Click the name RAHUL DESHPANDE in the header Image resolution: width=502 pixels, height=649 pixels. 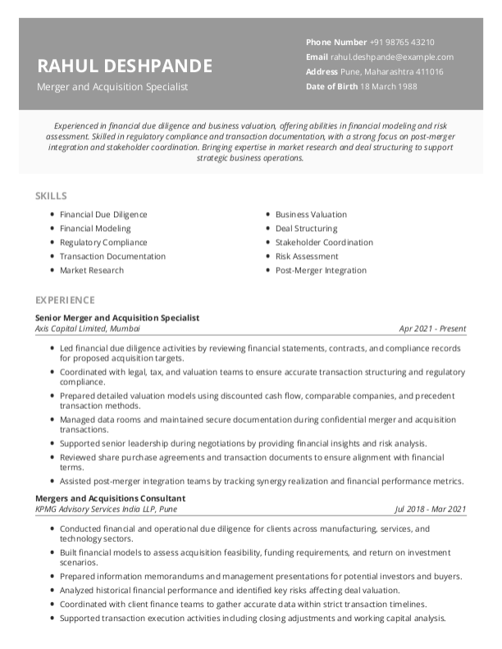coord(125,66)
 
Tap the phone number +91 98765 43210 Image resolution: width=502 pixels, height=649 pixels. coord(402,42)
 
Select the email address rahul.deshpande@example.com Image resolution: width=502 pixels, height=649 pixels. coord(391,57)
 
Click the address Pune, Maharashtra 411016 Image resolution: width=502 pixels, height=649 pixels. coord(387,71)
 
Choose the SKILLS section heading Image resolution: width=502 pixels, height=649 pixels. coord(51,197)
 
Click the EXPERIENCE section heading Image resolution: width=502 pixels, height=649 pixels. coord(65,300)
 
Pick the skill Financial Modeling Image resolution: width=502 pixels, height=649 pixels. coord(95,229)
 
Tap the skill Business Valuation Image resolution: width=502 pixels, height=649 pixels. coord(311,215)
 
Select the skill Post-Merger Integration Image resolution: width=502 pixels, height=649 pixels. coord(321,270)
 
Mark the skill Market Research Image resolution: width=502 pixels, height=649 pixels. coord(92,270)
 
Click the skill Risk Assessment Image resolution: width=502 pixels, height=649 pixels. coord(308,256)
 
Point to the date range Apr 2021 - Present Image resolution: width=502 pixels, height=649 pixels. coord(432,329)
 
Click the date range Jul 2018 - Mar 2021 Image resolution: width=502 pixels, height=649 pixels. coord(431,509)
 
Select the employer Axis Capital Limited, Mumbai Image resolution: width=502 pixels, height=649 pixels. coord(88,329)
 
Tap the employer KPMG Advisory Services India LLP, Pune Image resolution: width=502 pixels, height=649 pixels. coord(106,509)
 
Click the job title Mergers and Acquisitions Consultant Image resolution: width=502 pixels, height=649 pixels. coord(110,498)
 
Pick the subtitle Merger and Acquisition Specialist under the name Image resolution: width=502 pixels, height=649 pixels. coord(112,86)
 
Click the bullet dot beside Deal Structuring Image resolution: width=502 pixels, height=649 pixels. coord(267,229)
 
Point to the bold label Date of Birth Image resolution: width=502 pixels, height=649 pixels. coord(331,86)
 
